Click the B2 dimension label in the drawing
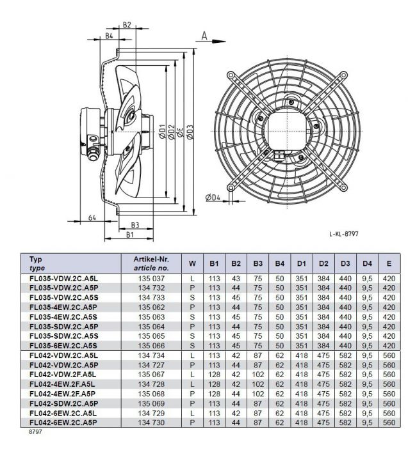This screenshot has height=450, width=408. (126, 25)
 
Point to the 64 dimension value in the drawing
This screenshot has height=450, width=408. (92, 218)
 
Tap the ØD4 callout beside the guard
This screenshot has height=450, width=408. (213, 198)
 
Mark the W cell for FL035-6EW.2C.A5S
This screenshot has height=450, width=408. (192, 345)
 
